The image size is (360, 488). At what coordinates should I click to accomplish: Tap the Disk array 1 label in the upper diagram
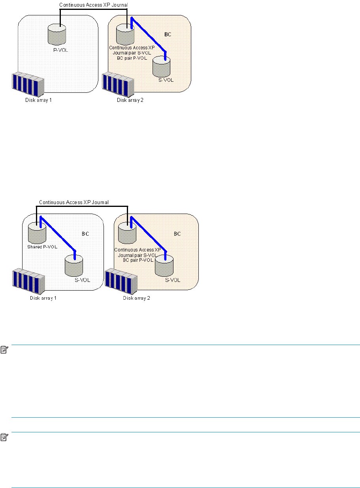point(36,100)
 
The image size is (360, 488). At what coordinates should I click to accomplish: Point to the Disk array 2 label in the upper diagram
point(127,100)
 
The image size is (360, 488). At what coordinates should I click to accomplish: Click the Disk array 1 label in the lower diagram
point(43,298)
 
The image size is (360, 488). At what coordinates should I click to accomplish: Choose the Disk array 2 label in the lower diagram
point(137,298)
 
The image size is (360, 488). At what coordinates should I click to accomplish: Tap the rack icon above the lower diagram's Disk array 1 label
point(28,281)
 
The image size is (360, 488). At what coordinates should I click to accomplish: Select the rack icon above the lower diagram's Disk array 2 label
point(121,281)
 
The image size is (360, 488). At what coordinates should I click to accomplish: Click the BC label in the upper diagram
point(168,34)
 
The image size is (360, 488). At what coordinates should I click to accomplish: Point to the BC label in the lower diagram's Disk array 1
point(85,234)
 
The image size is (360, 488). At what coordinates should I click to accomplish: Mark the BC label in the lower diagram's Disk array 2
point(177,234)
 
